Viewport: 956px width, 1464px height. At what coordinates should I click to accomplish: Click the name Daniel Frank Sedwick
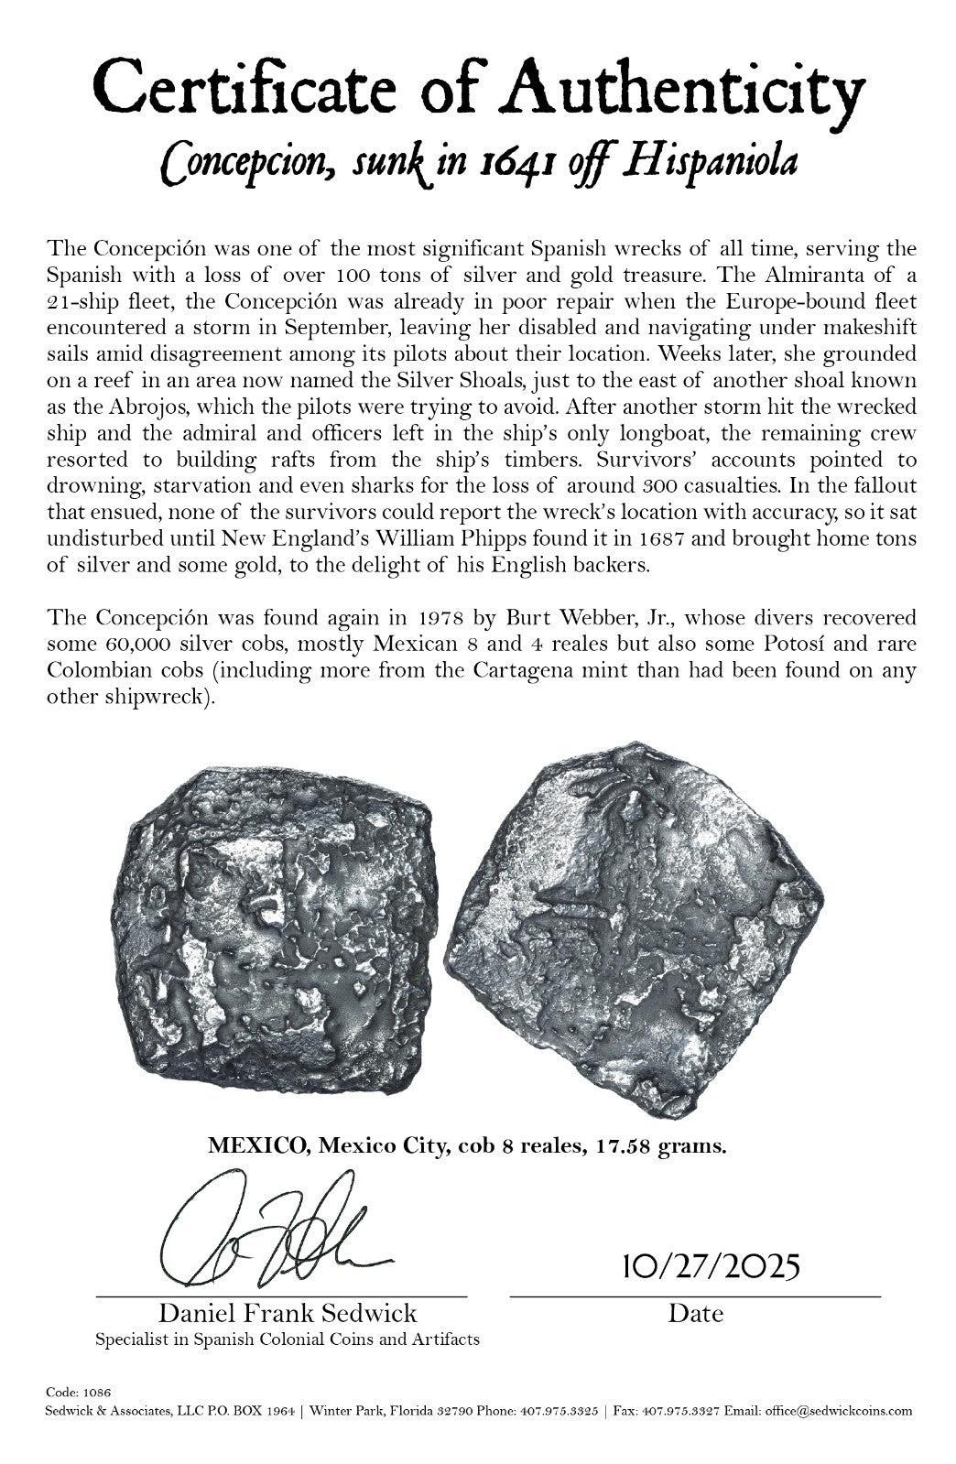(288, 1313)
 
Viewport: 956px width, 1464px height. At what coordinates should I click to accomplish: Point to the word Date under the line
(695, 1313)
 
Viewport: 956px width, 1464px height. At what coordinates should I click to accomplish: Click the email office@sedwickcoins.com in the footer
(844, 1411)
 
